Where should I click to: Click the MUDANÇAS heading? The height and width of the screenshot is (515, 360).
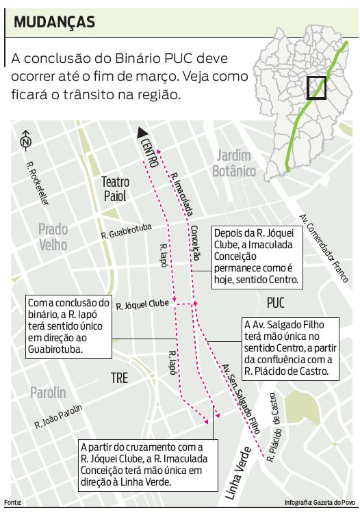click(x=54, y=22)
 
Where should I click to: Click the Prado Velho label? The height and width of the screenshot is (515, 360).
click(x=53, y=237)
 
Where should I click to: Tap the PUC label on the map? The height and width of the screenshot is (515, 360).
click(x=275, y=302)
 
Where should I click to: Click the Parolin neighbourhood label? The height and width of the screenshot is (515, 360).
click(x=48, y=393)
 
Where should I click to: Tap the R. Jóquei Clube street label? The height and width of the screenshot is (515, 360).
click(x=142, y=304)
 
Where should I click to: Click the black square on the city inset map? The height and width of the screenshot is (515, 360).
click(x=316, y=88)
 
